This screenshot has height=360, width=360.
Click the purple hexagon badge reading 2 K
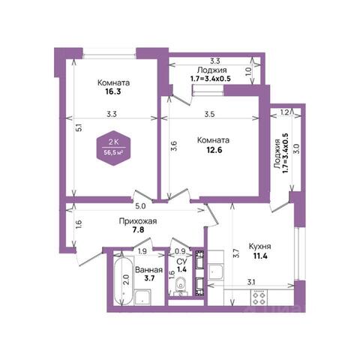[114, 148]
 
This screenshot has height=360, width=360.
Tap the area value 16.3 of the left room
[113, 91]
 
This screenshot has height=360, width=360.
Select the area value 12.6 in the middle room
[214, 150]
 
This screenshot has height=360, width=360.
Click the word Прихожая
[138, 221]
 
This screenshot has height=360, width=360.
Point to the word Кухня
[260, 247]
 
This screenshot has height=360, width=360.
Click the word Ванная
[148, 270]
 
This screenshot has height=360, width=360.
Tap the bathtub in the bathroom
[124, 280]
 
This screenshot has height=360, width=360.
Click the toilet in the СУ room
[181, 287]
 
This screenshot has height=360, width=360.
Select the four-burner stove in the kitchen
[259, 298]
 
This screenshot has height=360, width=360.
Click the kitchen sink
[215, 271]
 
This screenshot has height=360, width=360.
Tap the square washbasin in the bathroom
[142, 297]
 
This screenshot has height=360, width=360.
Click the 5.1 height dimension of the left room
[79, 128]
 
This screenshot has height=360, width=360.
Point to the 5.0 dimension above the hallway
[140, 206]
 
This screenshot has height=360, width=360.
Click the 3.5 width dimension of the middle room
[209, 114]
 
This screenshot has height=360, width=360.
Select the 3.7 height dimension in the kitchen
[236, 253]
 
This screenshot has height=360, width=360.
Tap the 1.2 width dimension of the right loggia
[284, 112]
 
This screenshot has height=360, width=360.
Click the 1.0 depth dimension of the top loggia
[248, 72]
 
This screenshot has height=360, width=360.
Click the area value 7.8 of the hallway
[138, 229]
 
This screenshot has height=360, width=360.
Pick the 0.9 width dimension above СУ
[180, 251]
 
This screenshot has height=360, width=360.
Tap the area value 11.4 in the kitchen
[260, 256]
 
